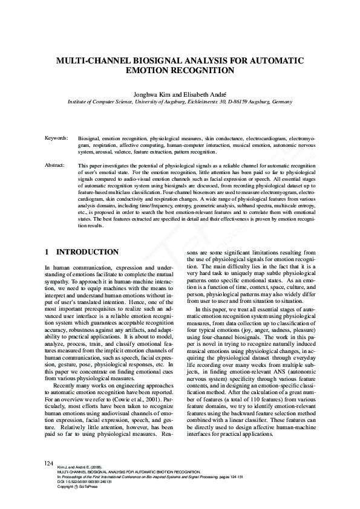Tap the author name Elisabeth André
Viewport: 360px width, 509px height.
203,95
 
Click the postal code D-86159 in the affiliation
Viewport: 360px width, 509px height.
232,103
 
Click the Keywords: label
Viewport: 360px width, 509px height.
56,138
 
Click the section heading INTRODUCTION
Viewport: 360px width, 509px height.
87,251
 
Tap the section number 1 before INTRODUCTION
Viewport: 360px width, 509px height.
47,251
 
